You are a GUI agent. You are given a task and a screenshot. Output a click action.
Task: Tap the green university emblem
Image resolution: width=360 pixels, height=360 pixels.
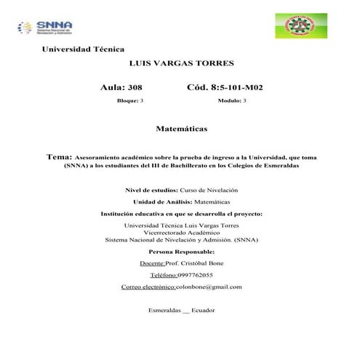coord(296,25)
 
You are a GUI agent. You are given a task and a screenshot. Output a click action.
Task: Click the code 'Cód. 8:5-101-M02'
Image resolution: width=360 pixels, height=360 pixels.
coord(225,87)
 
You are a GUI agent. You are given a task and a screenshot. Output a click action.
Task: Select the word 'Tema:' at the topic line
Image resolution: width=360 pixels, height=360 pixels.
coord(59,156)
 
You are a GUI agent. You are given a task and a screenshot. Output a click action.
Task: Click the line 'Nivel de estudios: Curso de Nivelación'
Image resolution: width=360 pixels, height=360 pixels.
coord(182,189)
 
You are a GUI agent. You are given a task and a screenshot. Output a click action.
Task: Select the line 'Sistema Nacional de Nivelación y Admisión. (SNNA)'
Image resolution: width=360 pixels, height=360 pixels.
coord(182,239)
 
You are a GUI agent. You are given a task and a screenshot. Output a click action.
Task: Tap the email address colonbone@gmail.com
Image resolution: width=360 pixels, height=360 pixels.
coord(212,287)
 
